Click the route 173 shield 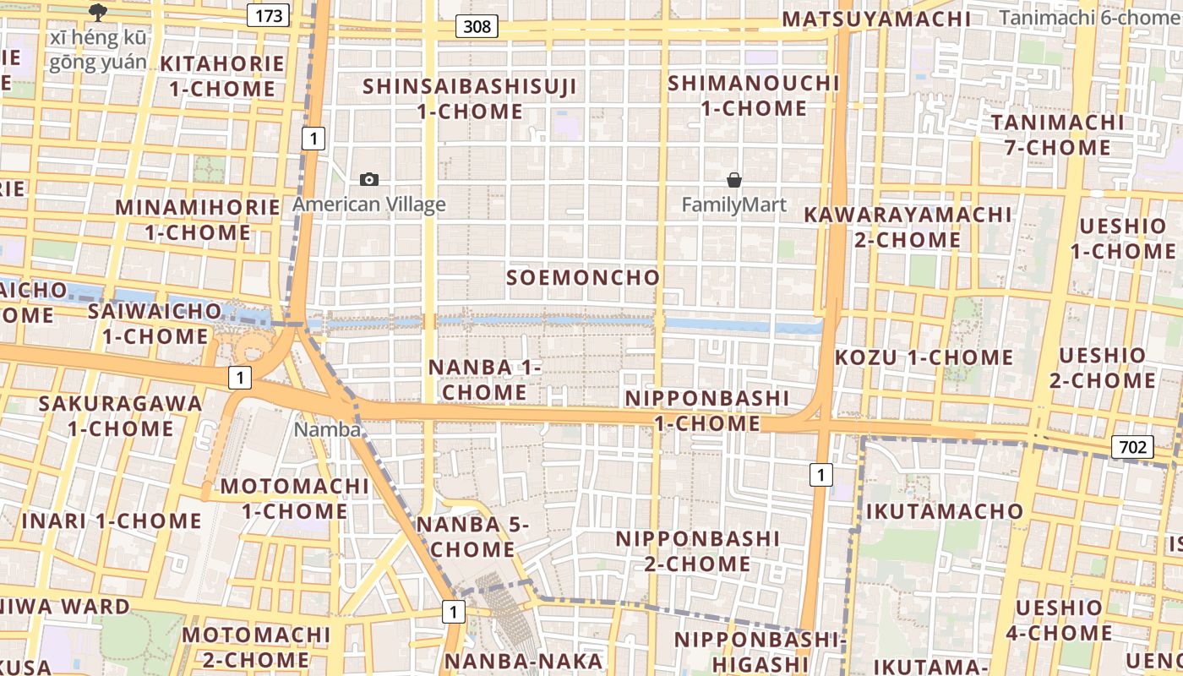click(269, 14)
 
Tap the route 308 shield click(477, 26)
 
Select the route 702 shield click(1132, 446)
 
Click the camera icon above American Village click(369, 179)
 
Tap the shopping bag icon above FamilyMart click(734, 180)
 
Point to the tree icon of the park click(97, 12)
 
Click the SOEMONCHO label click(583, 277)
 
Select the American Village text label click(369, 204)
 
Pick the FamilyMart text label click(734, 204)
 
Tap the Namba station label click(327, 429)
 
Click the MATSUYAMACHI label click(877, 19)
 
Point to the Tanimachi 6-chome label click(1090, 18)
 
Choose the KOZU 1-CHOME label click(924, 357)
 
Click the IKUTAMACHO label click(944, 511)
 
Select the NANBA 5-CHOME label click(473, 537)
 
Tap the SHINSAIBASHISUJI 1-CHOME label click(471, 98)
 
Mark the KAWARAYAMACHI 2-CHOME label click(908, 226)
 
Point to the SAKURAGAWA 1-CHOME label click(121, 415)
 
